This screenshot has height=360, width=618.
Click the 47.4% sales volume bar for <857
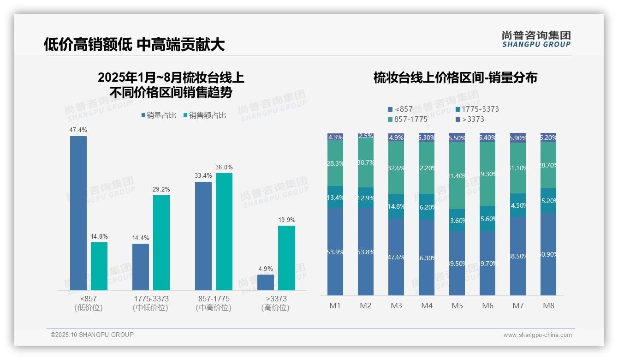(x=78, y=213)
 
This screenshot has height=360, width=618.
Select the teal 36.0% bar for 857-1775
(x=224, y=231)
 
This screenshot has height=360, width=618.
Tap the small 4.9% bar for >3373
(x=266, y=282)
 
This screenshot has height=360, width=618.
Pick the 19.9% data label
(x=286, y=220)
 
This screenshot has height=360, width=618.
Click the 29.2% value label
(x=161, y=189)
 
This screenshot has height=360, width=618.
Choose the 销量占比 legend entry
(x=158, y=115)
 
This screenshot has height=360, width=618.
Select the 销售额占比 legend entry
(x=204, y=115)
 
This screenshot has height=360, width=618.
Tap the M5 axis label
(x=457, y=306)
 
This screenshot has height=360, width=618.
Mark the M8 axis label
(x=548, y=306)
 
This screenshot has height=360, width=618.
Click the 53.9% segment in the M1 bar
(x=335, y=252)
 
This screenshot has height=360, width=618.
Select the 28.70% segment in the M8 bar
(x=548, y=165)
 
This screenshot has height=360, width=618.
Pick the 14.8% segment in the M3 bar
(x=396, y=206)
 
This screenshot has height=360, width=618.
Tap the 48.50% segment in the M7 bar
(x=518, y=256)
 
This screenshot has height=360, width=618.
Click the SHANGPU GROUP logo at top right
(x=536, y=39)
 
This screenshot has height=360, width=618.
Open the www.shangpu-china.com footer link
(x=537, y=335)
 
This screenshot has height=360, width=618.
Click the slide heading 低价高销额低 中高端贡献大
(x=134, y=44)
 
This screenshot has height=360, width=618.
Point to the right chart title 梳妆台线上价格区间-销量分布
(x=455, y=78)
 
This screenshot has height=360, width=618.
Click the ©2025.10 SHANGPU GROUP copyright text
(x=92, y=335)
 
